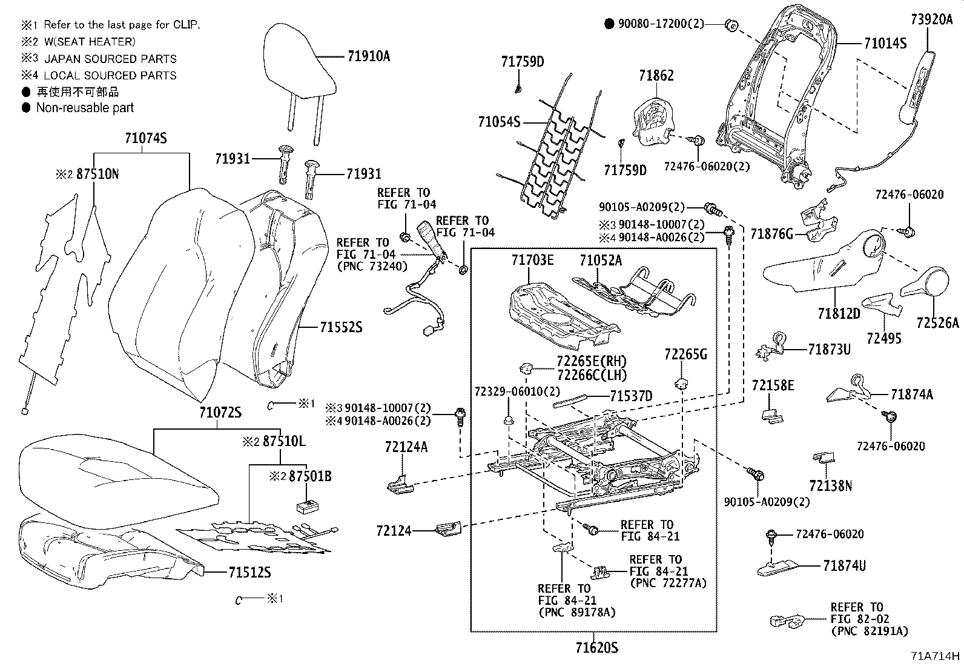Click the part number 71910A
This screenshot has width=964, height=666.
[369, 56]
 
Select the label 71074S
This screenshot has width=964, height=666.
[145, 139]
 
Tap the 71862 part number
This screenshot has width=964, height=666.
[656, 76]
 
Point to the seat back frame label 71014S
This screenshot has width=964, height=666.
[885, 44]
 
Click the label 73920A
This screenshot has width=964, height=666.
[931, 19]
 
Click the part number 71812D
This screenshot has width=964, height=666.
[838, 313]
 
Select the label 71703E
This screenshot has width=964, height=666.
[532, 260]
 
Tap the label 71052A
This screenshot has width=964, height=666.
[600, 260]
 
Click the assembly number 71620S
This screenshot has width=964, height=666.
[596, 648]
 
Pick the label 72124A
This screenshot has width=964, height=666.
[406, 447]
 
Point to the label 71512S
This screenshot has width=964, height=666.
[249, 572]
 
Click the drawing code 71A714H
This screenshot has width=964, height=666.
[935, 656]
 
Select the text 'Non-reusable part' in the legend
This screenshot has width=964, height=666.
[85, 108]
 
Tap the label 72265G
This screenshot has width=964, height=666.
[685, 355]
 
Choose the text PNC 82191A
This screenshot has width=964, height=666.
[870, 631]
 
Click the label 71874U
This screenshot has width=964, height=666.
[844, 565]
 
